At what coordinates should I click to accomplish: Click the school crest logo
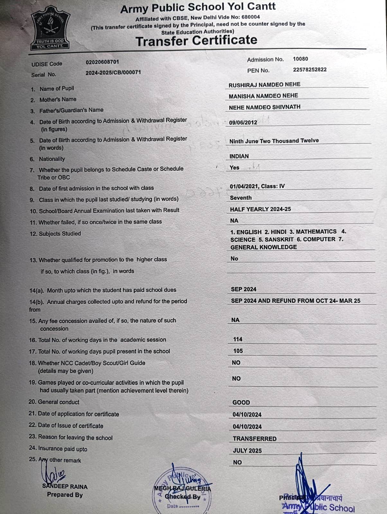tap(50, 30)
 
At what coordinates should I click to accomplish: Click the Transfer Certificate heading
tap(196, 40)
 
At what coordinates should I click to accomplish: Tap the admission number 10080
tap(300, 59)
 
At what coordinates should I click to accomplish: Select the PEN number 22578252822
tap(310, 70)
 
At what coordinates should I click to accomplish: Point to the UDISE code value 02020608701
tap(102, 62)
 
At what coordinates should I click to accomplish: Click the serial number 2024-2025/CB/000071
tap(113, 73)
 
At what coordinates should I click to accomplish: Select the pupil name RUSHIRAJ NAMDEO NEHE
tap(264, 85)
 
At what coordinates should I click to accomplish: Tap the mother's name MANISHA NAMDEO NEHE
tap(263, 96)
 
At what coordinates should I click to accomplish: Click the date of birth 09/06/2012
tap(243, 122)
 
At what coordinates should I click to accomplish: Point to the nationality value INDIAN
tap(239, 156)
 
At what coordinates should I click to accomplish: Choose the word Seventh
tap(241, 198)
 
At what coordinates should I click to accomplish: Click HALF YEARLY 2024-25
tap(260, 209)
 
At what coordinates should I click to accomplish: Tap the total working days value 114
tap(238, 339)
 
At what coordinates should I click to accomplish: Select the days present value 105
tap(238, 351)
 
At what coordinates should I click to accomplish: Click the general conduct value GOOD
tap(241, 403)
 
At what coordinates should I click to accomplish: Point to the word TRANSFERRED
tap(255, 439)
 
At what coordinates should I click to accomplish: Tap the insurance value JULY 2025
tap(247, 451)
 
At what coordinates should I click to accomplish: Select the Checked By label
tap(183, 497)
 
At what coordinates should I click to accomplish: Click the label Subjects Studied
tap(60, 234)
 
